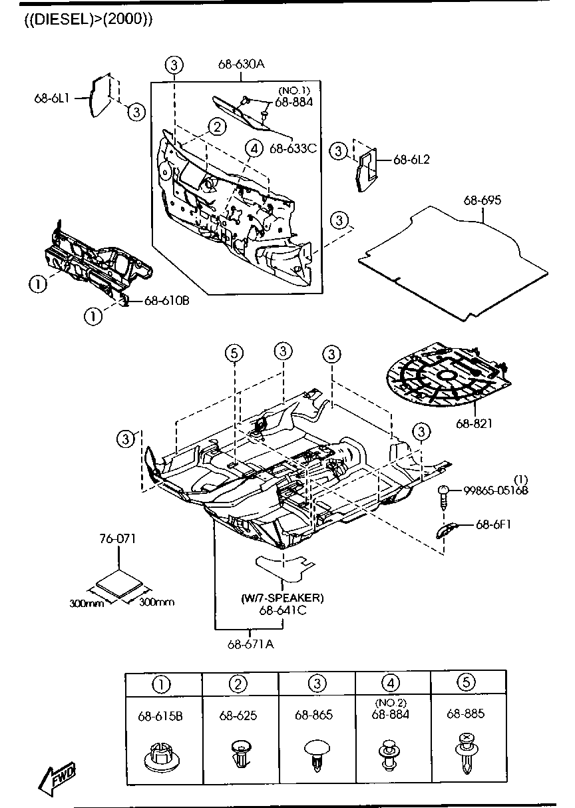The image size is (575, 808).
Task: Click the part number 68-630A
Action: [x=241, y=65]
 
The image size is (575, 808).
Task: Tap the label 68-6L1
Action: [x=52, y=98]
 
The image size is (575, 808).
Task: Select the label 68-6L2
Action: [x=411, y=160]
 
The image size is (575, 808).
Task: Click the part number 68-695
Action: [x=482, y=200]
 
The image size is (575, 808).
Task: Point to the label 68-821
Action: [x=475, y=423]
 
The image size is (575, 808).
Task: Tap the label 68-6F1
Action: [x=493, y=524]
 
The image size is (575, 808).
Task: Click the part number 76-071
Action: [x=118, y=538]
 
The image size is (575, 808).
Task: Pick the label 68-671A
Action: [x=250, y=644]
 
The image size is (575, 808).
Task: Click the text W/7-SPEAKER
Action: [x=282, y=598]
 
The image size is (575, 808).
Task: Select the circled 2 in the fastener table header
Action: [x=240, y=683]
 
